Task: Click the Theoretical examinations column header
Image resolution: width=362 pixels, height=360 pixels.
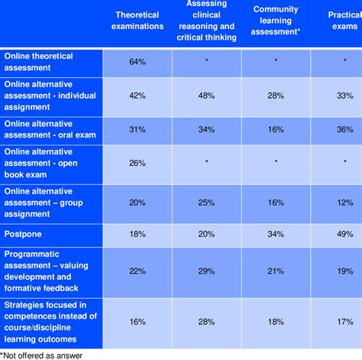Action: (x=138, y=21)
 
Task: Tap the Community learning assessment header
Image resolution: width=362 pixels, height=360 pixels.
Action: (x=276, y=21)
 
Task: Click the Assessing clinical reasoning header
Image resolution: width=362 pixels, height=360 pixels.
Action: (x=208, y=21)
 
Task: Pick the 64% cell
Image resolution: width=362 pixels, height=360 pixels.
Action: (x=138, y=60)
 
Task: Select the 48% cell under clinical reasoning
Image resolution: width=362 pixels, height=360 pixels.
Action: (x=208, y=96)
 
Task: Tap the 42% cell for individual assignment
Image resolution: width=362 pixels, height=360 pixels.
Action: (x=138, y=96)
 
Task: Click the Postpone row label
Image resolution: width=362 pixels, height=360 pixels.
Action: (x=20, y=234)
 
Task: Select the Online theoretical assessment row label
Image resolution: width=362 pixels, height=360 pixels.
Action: (x=38, y=60)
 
